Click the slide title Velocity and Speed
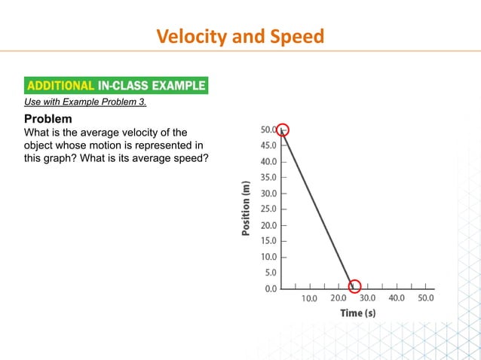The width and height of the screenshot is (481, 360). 240,35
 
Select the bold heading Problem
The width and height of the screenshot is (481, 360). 48,119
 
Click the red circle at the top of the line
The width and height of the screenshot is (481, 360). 283,130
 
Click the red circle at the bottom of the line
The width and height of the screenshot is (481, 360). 354,286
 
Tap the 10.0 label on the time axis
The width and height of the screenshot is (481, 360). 309,298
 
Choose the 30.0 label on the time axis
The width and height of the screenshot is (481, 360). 368,298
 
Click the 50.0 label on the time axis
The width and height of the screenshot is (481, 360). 426,298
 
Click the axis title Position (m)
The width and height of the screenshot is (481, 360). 245,209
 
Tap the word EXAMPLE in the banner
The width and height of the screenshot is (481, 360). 175,85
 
